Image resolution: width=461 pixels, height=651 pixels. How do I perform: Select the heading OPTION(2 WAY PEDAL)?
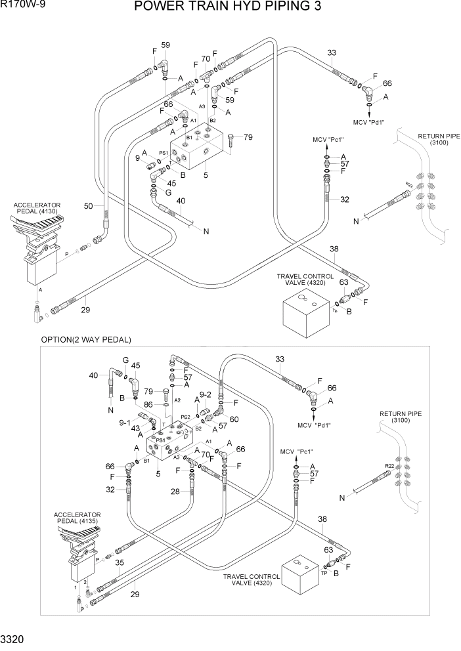[x=86, y=339]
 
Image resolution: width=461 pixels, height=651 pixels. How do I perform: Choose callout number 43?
[x=136, y=428]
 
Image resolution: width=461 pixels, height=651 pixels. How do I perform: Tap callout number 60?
[x=234, y=419]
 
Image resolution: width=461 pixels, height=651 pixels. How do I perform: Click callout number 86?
[x=148, y=405]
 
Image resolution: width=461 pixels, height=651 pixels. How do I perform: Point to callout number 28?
[x=175, y=491]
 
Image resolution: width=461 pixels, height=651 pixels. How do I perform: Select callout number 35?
[x=120, y=562]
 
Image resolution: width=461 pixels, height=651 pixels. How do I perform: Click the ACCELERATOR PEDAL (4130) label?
[x=37, y=208]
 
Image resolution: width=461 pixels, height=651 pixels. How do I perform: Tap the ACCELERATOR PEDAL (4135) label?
[x=78, y=518]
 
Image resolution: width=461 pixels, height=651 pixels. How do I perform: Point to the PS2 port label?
[x=185, y=417]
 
